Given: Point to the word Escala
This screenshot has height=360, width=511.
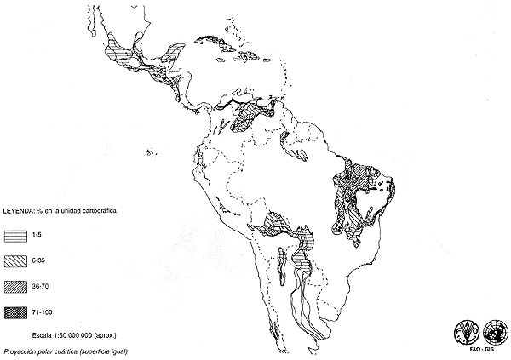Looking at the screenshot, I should (41, 334).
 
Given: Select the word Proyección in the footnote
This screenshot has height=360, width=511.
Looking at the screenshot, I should (23, 350).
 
